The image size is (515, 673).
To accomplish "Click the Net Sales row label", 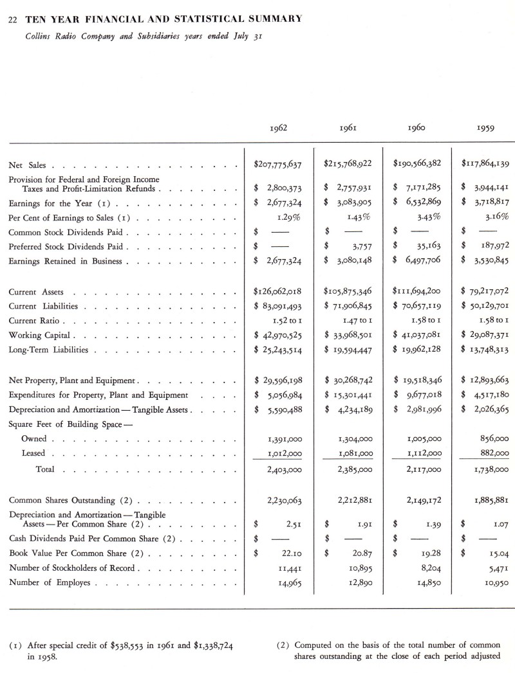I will [x=26, y=166].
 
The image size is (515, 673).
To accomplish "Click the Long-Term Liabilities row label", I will [x=50, y=351].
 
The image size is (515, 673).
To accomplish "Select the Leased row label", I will [x=34, y=454].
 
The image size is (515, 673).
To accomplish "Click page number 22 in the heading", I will [x=12, y=19].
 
